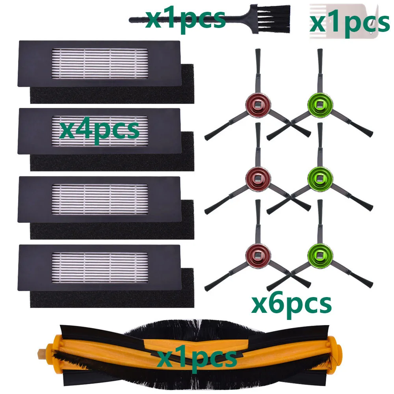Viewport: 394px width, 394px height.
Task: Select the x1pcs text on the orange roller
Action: pyautogui.click(x=197, y=358)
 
